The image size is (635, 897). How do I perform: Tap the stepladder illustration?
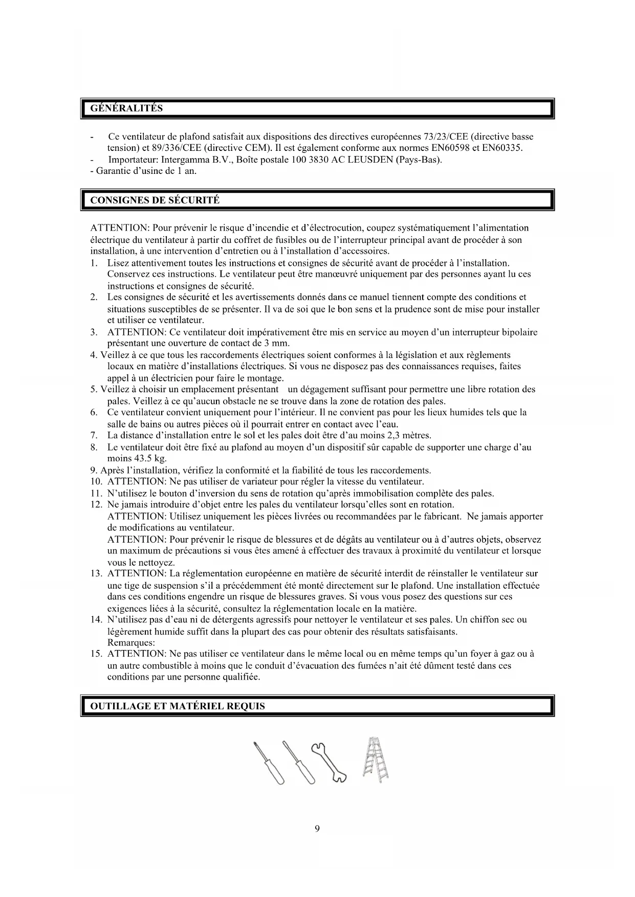tap(376, 760)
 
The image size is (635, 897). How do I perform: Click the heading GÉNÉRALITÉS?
tap(126, 108)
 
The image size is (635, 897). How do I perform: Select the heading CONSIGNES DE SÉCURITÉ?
tap(155, 200)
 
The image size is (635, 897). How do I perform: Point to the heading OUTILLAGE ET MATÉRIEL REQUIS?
tap(178, 706)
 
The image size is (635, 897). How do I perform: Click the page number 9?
tap(317, 829)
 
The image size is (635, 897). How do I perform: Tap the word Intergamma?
tap(185, 160)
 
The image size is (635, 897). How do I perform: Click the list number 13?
tap(96, 573)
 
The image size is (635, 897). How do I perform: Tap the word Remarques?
tap(131, 642)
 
